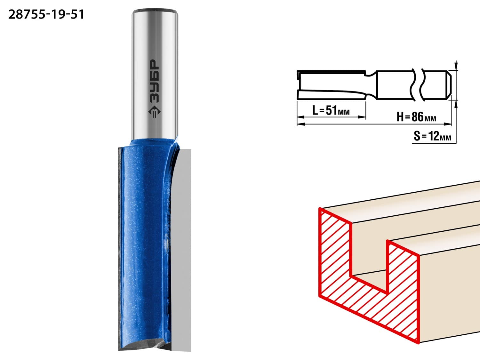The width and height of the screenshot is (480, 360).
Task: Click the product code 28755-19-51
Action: (46, 15)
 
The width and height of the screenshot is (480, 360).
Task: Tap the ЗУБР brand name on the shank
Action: (154, 81)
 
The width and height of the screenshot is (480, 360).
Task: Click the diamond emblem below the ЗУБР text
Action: (154, 112)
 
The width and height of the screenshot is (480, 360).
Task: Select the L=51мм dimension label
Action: (331, 110)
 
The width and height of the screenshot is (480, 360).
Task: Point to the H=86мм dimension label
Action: (416, 117)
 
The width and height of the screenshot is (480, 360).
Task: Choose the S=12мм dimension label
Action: (432, 136)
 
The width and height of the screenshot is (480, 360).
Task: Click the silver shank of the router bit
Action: (155, 74)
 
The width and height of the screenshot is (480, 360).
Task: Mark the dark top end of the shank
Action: (155, 10)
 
